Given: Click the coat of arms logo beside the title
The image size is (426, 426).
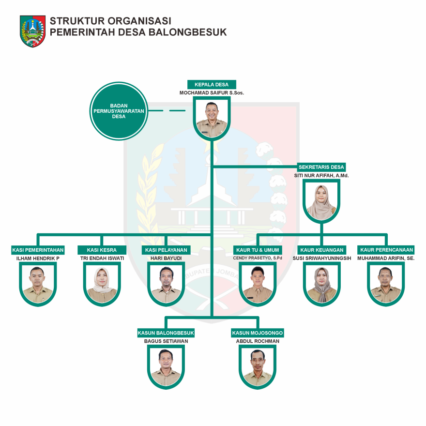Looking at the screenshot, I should pyautogui.click(x=33, y=31).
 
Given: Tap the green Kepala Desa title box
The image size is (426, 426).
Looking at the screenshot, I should pyautogui.click(x=212, y=85).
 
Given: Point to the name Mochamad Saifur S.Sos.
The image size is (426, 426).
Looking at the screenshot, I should pyautogui.click(x=212, y=92).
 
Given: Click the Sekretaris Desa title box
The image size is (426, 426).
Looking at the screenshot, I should pyautogui.click(x=321, y=167).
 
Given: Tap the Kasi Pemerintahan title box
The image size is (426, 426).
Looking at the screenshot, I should pyautogui.click(x=38, y=250).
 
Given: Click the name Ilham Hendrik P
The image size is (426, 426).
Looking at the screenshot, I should pyautogui.click(x=38, y=258).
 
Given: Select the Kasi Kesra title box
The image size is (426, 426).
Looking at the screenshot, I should pyautogui.click(x=102, y=250).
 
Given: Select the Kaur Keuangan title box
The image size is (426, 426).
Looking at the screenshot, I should pyautogui.click(x=321, y=250).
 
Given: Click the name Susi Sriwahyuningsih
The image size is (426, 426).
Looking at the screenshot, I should pyautogui.click(x=321, y=258).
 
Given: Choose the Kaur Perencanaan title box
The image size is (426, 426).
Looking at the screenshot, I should pyautogui.click(x=386, y=250).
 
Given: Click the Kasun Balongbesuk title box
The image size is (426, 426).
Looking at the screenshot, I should pyautogui.click(x=166, y=333).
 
